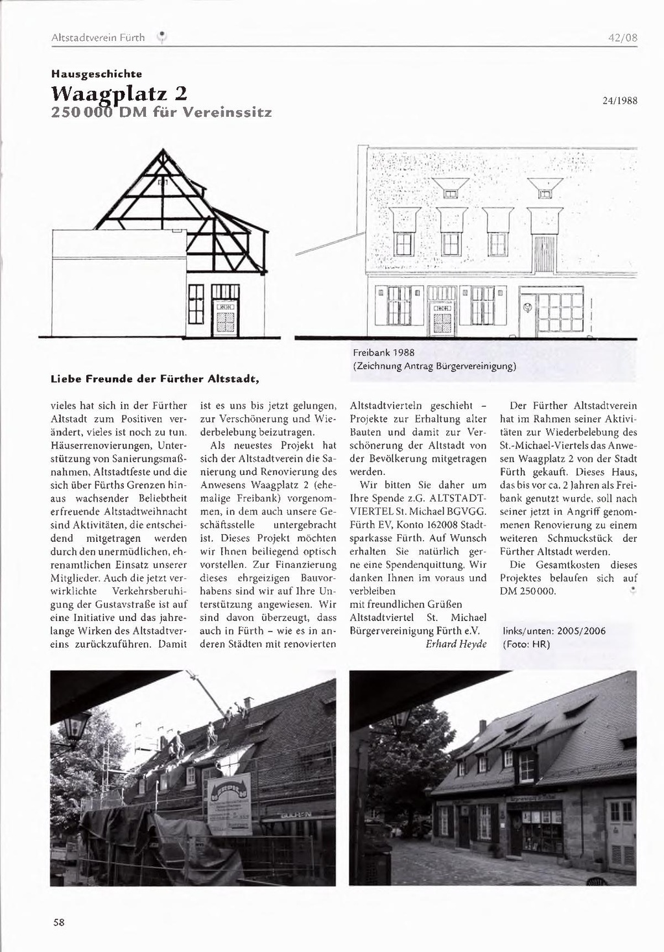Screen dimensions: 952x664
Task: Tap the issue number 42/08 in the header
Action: point(622,38)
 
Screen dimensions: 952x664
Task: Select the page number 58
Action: point(58,922)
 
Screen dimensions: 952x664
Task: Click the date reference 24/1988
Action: point(619,101)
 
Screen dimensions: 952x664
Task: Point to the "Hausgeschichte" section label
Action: point(97,73)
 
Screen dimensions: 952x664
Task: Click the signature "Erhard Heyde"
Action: point(456,644)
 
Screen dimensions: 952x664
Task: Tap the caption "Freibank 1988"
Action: point(383,353)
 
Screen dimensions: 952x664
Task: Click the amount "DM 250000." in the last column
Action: point(528,591)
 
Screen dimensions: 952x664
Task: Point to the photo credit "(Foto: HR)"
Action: point(527,644)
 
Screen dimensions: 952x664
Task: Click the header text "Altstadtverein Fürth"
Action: point(97,38)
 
